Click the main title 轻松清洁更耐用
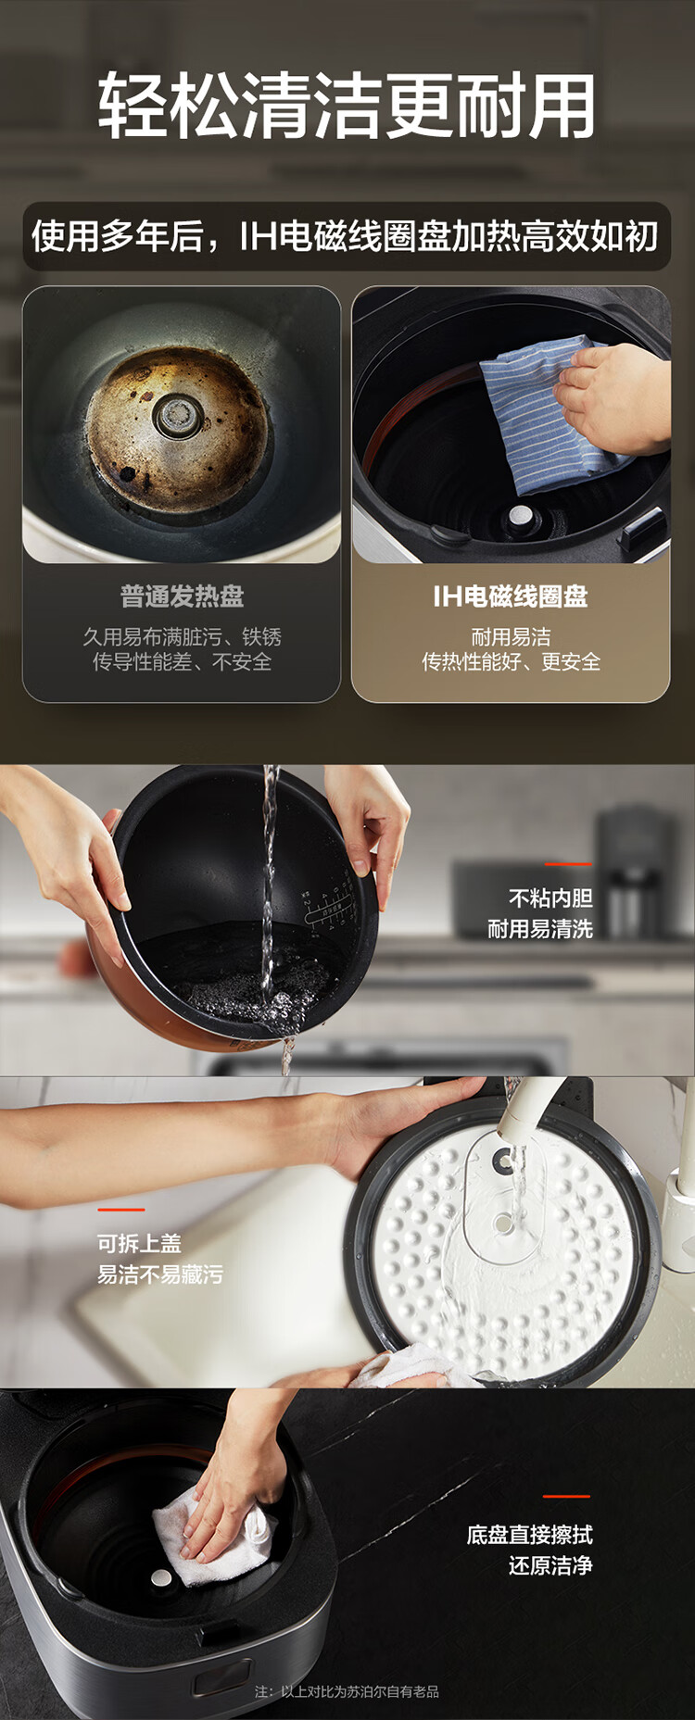tap(347, 106)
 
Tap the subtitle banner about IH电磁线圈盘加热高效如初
tap(346, 236)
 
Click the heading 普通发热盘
tap(182, 596)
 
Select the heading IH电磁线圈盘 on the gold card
tap(511, 596)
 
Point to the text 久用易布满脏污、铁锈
tap(182, 637)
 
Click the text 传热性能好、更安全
tap(511, 662)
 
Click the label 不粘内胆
tap(550, 898)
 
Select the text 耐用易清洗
tap(540, 929)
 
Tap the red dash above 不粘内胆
tap(568, 864)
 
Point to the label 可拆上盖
tap(139, 1243)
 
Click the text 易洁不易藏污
tap(160, 1274)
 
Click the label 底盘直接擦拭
tap(530, 1535)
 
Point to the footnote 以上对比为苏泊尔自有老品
tap(360, 1691)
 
